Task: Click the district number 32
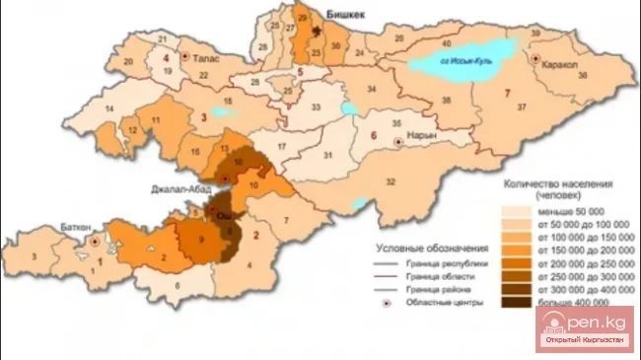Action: [392, 182]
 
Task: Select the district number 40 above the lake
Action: [447, 44]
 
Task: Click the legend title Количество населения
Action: [559, 183]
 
